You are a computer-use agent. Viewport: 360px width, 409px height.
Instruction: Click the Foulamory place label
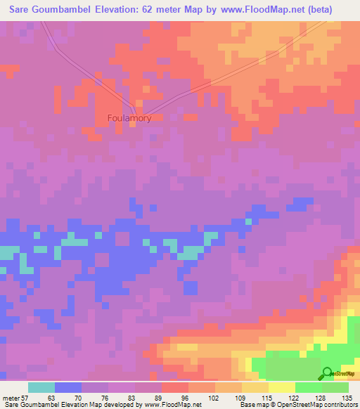click(130, 118)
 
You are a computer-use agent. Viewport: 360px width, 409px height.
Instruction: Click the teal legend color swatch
click(41, 387)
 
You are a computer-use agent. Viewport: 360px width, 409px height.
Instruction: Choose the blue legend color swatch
click(68, 387)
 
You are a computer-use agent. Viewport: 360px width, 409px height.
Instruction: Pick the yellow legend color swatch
click(282, 387)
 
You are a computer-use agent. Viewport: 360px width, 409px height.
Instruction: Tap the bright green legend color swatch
click(309, 387)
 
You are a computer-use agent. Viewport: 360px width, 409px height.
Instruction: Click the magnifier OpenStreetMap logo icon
click(327, 372)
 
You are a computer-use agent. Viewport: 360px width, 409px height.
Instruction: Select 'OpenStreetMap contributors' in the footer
click(319, 405)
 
